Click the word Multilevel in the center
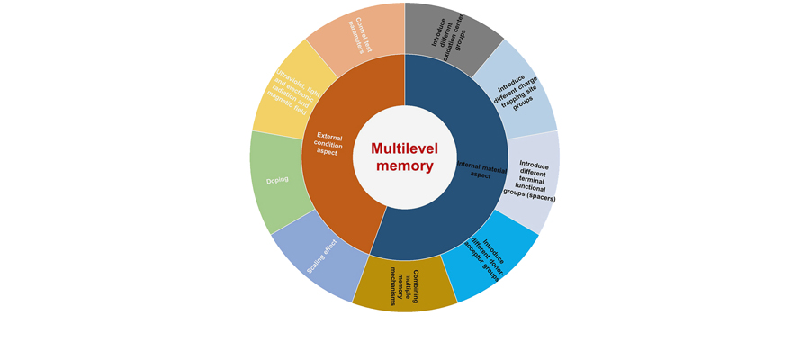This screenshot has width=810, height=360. tap(405, 148)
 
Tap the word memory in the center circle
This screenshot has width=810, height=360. tap(405, 166)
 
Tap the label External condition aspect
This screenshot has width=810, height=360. tap(328, 144)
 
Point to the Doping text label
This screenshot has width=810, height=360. tap(277, 180)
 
